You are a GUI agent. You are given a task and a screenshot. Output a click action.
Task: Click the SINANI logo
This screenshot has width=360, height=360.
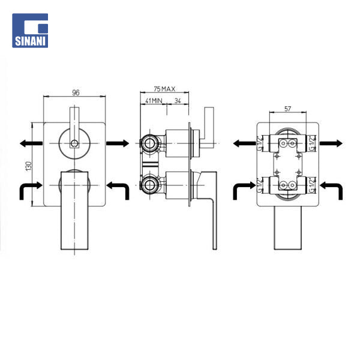point(30,31)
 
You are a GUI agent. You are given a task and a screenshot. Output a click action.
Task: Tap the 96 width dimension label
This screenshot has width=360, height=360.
point(76,92)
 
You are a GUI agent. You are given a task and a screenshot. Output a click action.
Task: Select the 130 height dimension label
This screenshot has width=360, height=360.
point(29,166)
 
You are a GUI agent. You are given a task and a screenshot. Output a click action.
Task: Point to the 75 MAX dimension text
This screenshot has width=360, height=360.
point(164,89)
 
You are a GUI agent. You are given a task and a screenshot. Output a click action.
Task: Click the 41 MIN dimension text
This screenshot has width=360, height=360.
point(154,101)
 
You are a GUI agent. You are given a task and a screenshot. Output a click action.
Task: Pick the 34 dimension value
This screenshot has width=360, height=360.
point(178,101)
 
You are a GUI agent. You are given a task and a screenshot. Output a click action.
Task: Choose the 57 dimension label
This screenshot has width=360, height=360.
point(287,109)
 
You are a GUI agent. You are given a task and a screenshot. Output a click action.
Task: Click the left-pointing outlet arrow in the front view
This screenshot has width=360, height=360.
point(31,143)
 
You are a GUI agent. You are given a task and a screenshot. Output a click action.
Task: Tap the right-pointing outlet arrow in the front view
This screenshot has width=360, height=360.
point(118,143)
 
